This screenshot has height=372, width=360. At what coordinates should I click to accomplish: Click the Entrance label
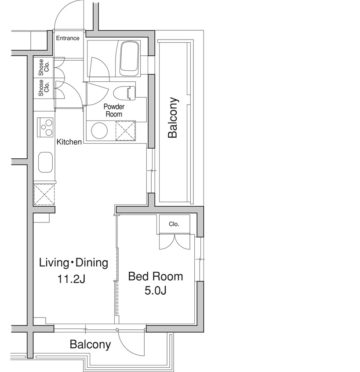[68, 38]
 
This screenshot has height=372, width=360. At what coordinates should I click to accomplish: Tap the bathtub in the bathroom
[129, 59]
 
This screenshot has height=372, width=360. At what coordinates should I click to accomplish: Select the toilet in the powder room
[124, 92]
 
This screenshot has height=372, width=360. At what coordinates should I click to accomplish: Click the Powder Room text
[114, 110]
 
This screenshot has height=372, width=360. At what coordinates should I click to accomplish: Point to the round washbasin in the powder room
[100, 131]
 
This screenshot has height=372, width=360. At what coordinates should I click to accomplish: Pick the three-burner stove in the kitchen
[45, 127]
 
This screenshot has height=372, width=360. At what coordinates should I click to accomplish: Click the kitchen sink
[45, 162]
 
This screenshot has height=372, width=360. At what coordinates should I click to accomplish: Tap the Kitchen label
[69, 142]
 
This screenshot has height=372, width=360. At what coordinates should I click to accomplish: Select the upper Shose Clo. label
[44, 67]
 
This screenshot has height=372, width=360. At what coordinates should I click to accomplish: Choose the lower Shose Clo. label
[44, 88]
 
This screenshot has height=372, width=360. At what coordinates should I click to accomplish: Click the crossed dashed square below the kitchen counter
[44, 194]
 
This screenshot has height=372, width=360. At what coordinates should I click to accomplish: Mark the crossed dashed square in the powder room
[125, 131]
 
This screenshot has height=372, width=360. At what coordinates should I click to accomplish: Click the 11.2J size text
[71, 279]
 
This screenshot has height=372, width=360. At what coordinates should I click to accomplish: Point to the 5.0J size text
[155, 290]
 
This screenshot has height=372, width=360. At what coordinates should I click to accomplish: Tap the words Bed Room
[155, 277]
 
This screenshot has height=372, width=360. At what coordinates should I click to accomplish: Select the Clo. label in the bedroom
[174, 224]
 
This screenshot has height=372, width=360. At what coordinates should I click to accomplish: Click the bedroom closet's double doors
[175, 241]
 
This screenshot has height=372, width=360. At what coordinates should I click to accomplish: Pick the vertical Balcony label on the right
[173, 117]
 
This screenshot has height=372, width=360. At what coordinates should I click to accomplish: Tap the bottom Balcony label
[90, 344]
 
